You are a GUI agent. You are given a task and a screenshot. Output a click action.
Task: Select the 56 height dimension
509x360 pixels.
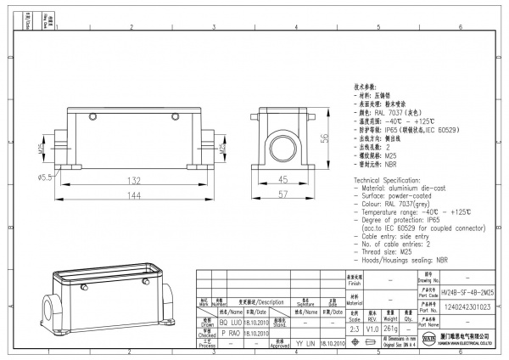(323, 139)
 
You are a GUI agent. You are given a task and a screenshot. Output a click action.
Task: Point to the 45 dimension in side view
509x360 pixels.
(282, 179)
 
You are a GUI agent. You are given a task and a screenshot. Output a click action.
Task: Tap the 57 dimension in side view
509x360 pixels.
(282, 194)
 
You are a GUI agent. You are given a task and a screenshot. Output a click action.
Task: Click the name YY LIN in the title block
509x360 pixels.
(305, 346)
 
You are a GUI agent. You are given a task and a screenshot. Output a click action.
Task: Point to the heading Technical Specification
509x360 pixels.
(394, 183)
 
